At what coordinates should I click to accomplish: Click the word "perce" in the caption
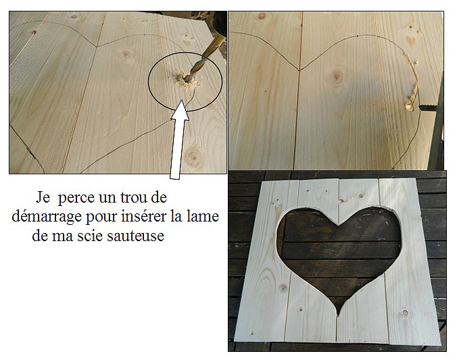click(76, 199)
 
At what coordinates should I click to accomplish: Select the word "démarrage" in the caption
click(47, 217)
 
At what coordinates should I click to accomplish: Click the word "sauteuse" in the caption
click(135, 236)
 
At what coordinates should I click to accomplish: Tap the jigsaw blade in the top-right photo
click(427, 108)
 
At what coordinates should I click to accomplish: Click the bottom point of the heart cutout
click(338, 315)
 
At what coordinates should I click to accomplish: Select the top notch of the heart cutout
click(338, 225)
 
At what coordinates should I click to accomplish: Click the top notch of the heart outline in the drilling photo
click(97, 47)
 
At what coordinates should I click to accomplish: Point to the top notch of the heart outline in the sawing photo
click(299, 70)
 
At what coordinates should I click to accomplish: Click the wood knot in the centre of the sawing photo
click(337, 76)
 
